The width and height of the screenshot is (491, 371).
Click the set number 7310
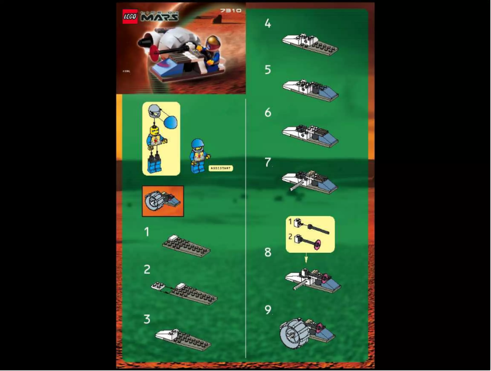click(x=231, y=10)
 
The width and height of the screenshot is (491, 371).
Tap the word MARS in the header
click(x=160, y=17)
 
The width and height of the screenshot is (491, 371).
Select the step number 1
click(x=147, y=232)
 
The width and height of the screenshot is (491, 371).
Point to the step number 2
click(x=147, y=269)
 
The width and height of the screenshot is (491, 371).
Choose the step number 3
click(x=147, y=319)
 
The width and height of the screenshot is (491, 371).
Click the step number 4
click(x=268, y=24)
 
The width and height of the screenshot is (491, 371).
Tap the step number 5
click(x=268, y=70)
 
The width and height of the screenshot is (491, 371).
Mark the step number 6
click(x=268, y=113)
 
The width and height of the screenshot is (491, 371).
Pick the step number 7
click(x=268, y=162)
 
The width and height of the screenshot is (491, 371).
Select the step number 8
click(x=268, y=252)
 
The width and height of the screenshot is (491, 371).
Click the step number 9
click(x=268, y=310)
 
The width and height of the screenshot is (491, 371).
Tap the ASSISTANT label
click(x=220, y=168)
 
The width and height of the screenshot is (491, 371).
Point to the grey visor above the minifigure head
click(x=154, y=110)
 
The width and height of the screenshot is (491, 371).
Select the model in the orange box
click(x=162, y=201)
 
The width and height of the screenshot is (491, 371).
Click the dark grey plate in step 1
click(x=186, y=246)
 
